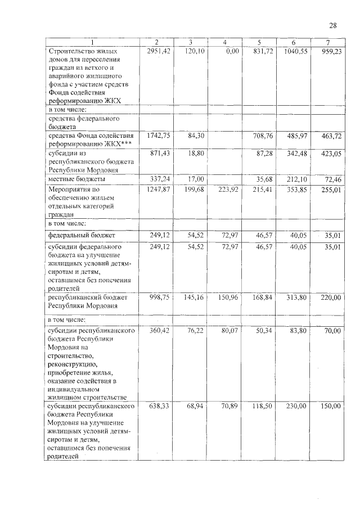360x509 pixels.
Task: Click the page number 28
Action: coord(332,25)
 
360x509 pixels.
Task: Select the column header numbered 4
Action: coord(224,43)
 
